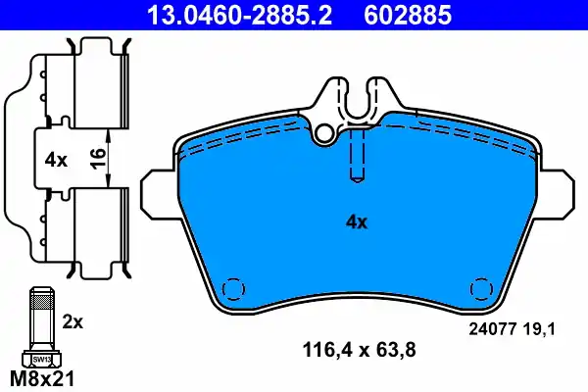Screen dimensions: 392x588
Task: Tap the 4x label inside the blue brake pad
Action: [354, 222]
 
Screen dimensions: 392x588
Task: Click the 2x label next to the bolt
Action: [73, 320]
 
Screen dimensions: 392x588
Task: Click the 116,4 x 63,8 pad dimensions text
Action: [351, 346]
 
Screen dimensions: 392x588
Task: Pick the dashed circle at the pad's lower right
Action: [483, 290]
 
